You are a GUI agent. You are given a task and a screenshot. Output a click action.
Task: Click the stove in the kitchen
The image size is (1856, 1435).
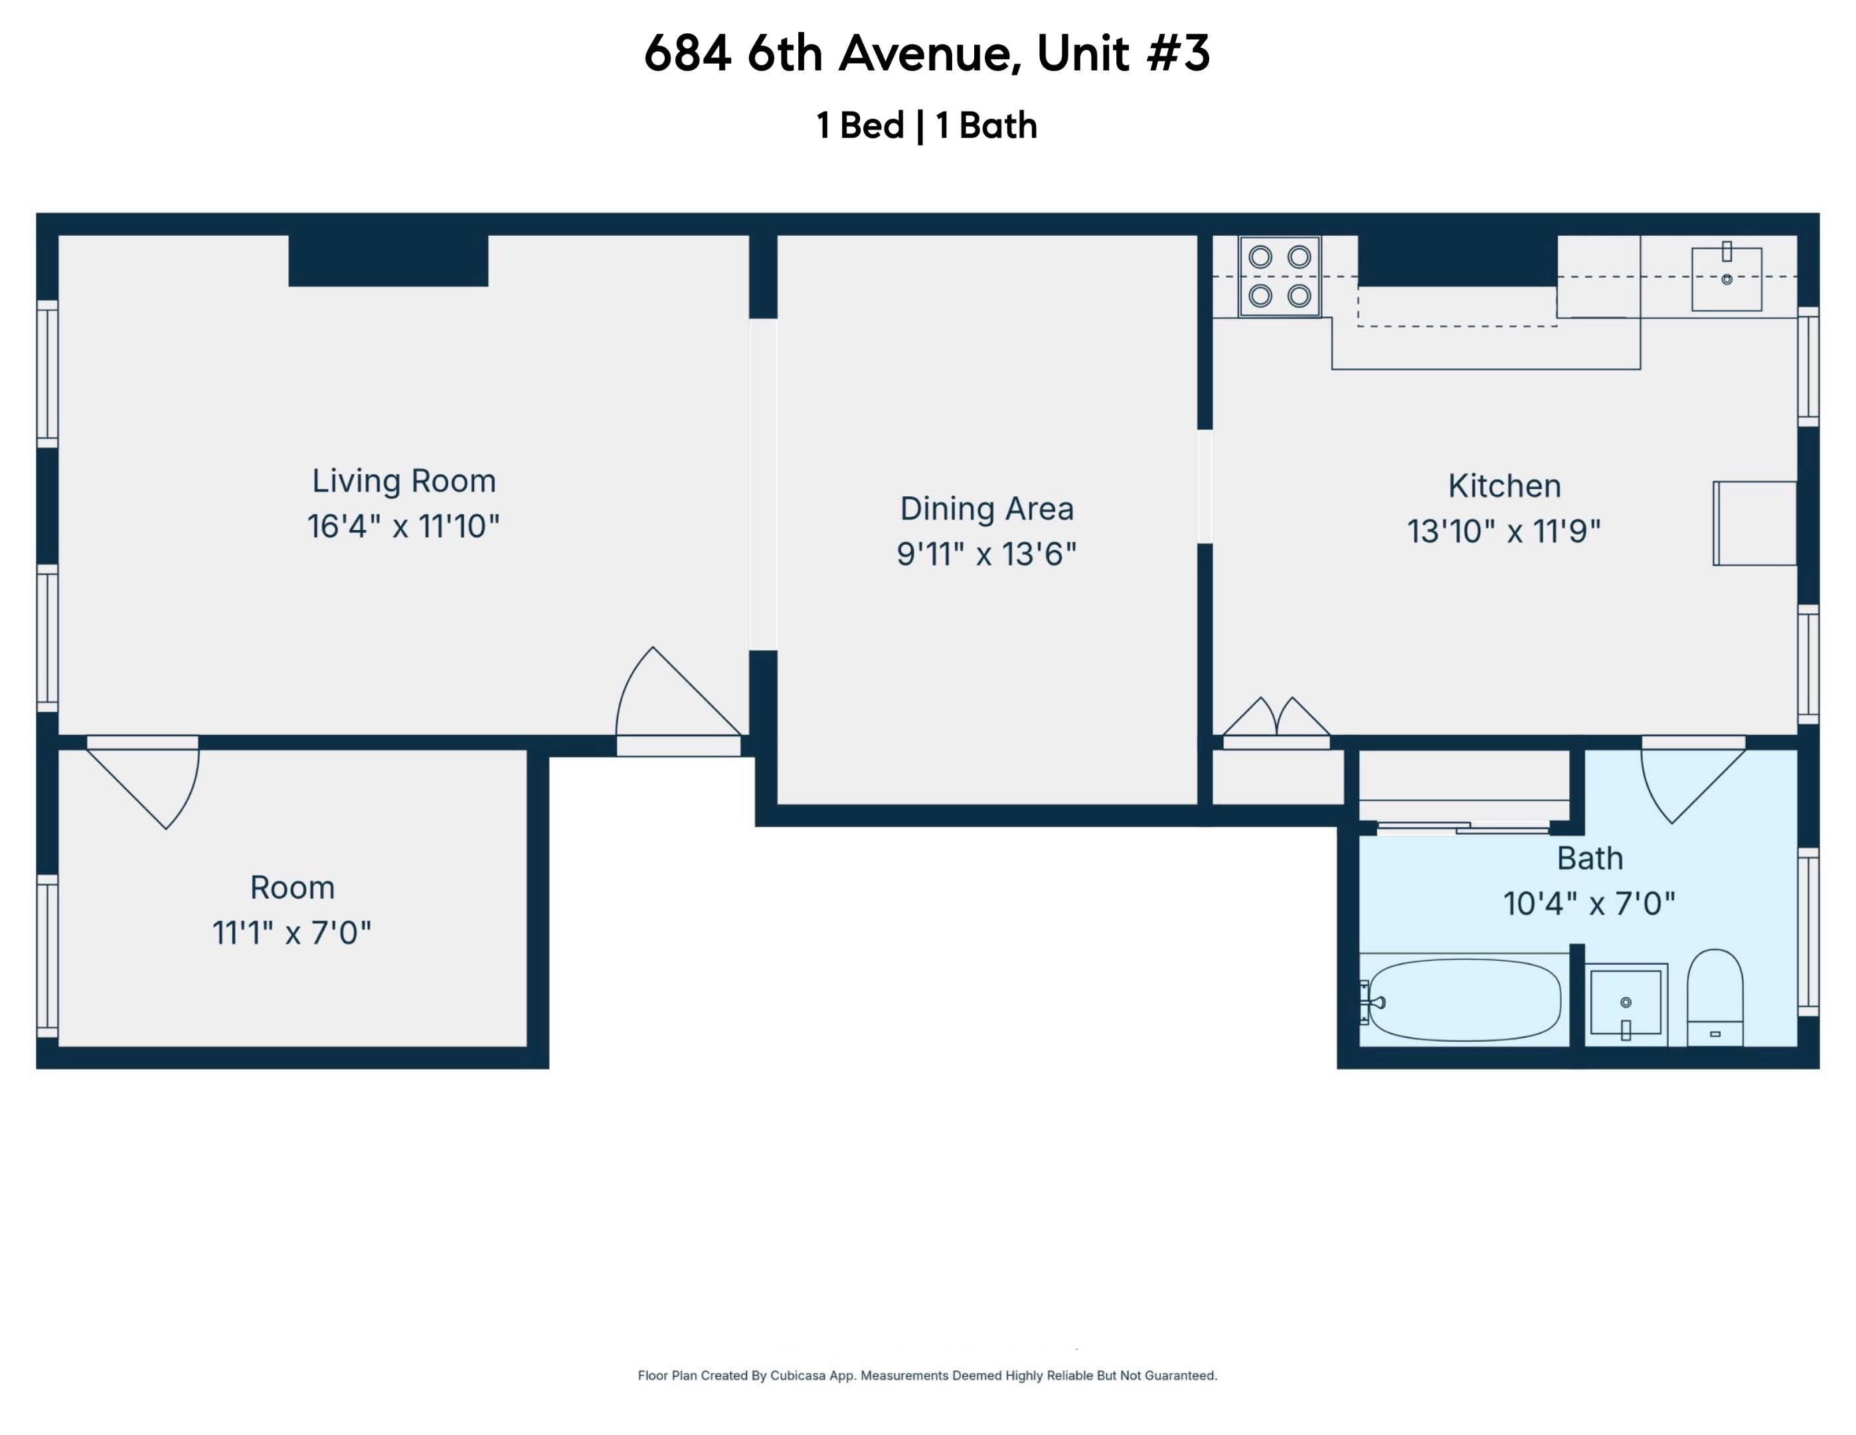pyautogui.click(x=1279, y=276)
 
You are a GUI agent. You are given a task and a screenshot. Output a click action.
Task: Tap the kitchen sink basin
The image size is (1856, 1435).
pyautogui.click(x=1726, y=279)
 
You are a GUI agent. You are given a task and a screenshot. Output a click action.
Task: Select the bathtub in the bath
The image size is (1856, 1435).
pyautogui.click(x=1464, y=1000)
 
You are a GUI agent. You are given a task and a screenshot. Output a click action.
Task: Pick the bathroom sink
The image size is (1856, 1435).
pyautogui.click(x=1625, y=1003)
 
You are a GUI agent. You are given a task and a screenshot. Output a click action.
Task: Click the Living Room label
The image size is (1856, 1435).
pyautogui.click(x=404, y=481)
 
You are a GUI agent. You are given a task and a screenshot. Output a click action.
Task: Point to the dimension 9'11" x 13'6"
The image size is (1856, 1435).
pyautogui.click(x=986, y=554)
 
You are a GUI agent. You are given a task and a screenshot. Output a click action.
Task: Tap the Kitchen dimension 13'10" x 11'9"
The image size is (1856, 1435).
pyautogui.click(x=1503, y=531)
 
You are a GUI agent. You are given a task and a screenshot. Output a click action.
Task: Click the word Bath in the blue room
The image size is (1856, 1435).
pyautogui.click(x=1589, y=858)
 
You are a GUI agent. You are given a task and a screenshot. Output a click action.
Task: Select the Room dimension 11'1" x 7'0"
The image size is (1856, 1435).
pyautogui.click(x=292, y=933)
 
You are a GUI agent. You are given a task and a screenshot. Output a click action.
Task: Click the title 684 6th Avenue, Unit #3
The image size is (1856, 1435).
pyautogui.click(x=926, y=52)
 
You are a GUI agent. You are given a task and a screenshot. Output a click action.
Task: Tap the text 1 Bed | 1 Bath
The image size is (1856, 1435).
pyautogui.click(x=926, y=126)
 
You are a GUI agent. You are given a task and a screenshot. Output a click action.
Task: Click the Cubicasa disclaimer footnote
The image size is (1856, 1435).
pyautogui.click(x=927, y=1375)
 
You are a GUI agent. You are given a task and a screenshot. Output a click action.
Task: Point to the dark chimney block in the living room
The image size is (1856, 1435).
pyautogui.click(x=388, y=260)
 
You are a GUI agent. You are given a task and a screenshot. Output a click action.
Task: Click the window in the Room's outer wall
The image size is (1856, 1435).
pyautogui.click(x=48, y=955)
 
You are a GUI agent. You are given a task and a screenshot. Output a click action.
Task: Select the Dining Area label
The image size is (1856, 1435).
pyautogui.click(x=986, y=508)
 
